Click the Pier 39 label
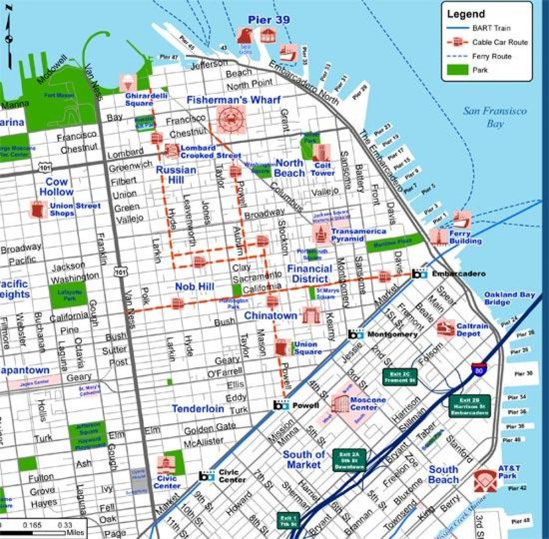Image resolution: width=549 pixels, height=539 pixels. tap(269, 20)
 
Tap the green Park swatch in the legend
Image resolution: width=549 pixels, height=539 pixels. tap(457, 70)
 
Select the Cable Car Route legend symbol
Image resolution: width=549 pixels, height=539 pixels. tap(457, 42)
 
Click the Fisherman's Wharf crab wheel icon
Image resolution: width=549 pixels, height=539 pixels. tap(231, 119)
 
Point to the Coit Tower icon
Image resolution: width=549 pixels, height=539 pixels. tap(322, 153)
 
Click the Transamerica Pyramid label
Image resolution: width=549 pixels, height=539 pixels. tap(352, 235)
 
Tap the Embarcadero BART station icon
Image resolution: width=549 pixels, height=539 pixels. tap(419, 274)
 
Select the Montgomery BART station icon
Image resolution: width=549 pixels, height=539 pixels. tap(355, 334)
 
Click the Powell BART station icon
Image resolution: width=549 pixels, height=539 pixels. tap(281, 405)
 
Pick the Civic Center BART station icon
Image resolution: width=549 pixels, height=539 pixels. tap(207, 476)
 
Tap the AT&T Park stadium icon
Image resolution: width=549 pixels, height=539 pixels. tap(485, 480)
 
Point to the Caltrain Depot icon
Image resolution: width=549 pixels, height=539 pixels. tap(445, 328)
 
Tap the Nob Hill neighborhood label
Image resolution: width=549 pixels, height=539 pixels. tap(194, 287)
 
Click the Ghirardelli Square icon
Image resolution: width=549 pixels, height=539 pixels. tap(128, 83)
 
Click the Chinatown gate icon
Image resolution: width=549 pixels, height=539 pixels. tap(312, 316)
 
